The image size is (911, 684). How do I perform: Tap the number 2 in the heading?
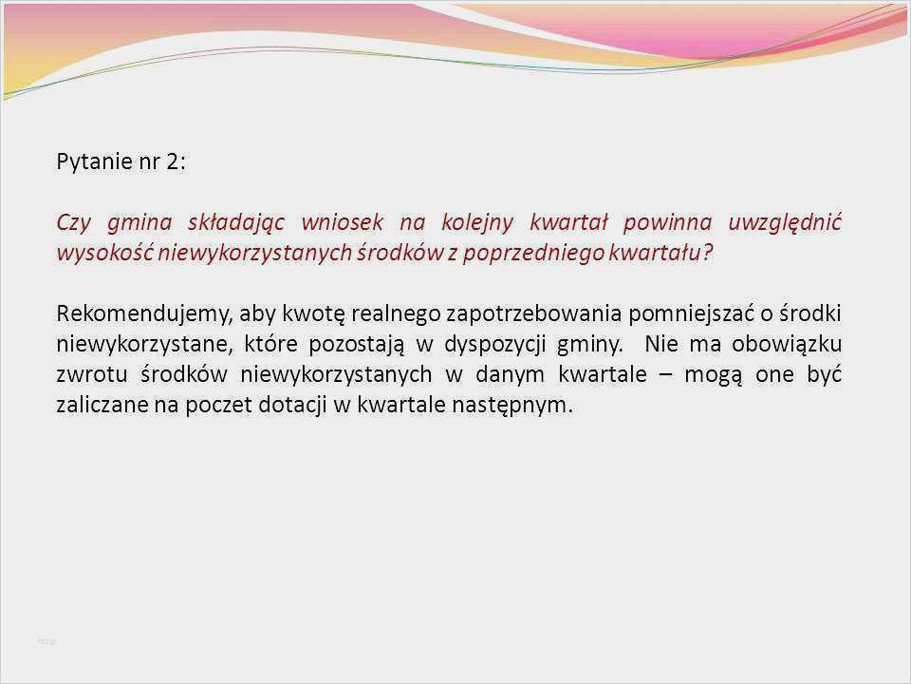[173, 161]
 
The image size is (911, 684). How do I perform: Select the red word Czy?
[73, 222]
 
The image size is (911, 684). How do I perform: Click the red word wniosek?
[343, 222]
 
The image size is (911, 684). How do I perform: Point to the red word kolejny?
[477, 222]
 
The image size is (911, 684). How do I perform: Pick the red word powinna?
[667, 222]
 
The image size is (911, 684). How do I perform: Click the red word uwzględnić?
[785, 222]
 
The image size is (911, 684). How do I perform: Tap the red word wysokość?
[104, 253]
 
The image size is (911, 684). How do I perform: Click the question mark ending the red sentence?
[707, 253]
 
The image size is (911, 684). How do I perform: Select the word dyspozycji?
[495, 344]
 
